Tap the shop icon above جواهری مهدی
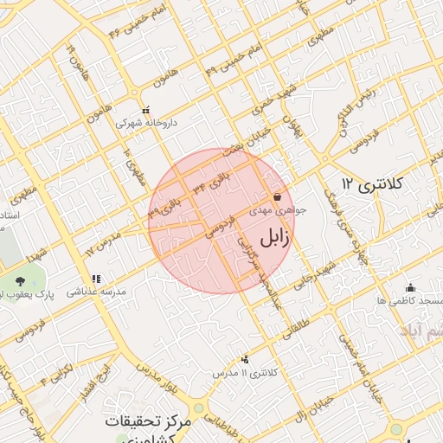tap(277, 197)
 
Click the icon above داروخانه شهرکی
tap(145, 111)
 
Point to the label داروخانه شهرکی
tap(147, 124)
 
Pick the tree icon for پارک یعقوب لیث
tap(19, 281)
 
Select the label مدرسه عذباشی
tap(97, 292)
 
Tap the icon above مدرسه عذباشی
tap(96, 279)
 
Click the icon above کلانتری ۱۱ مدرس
tap(247, 359)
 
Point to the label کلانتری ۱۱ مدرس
tap(247, 372)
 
